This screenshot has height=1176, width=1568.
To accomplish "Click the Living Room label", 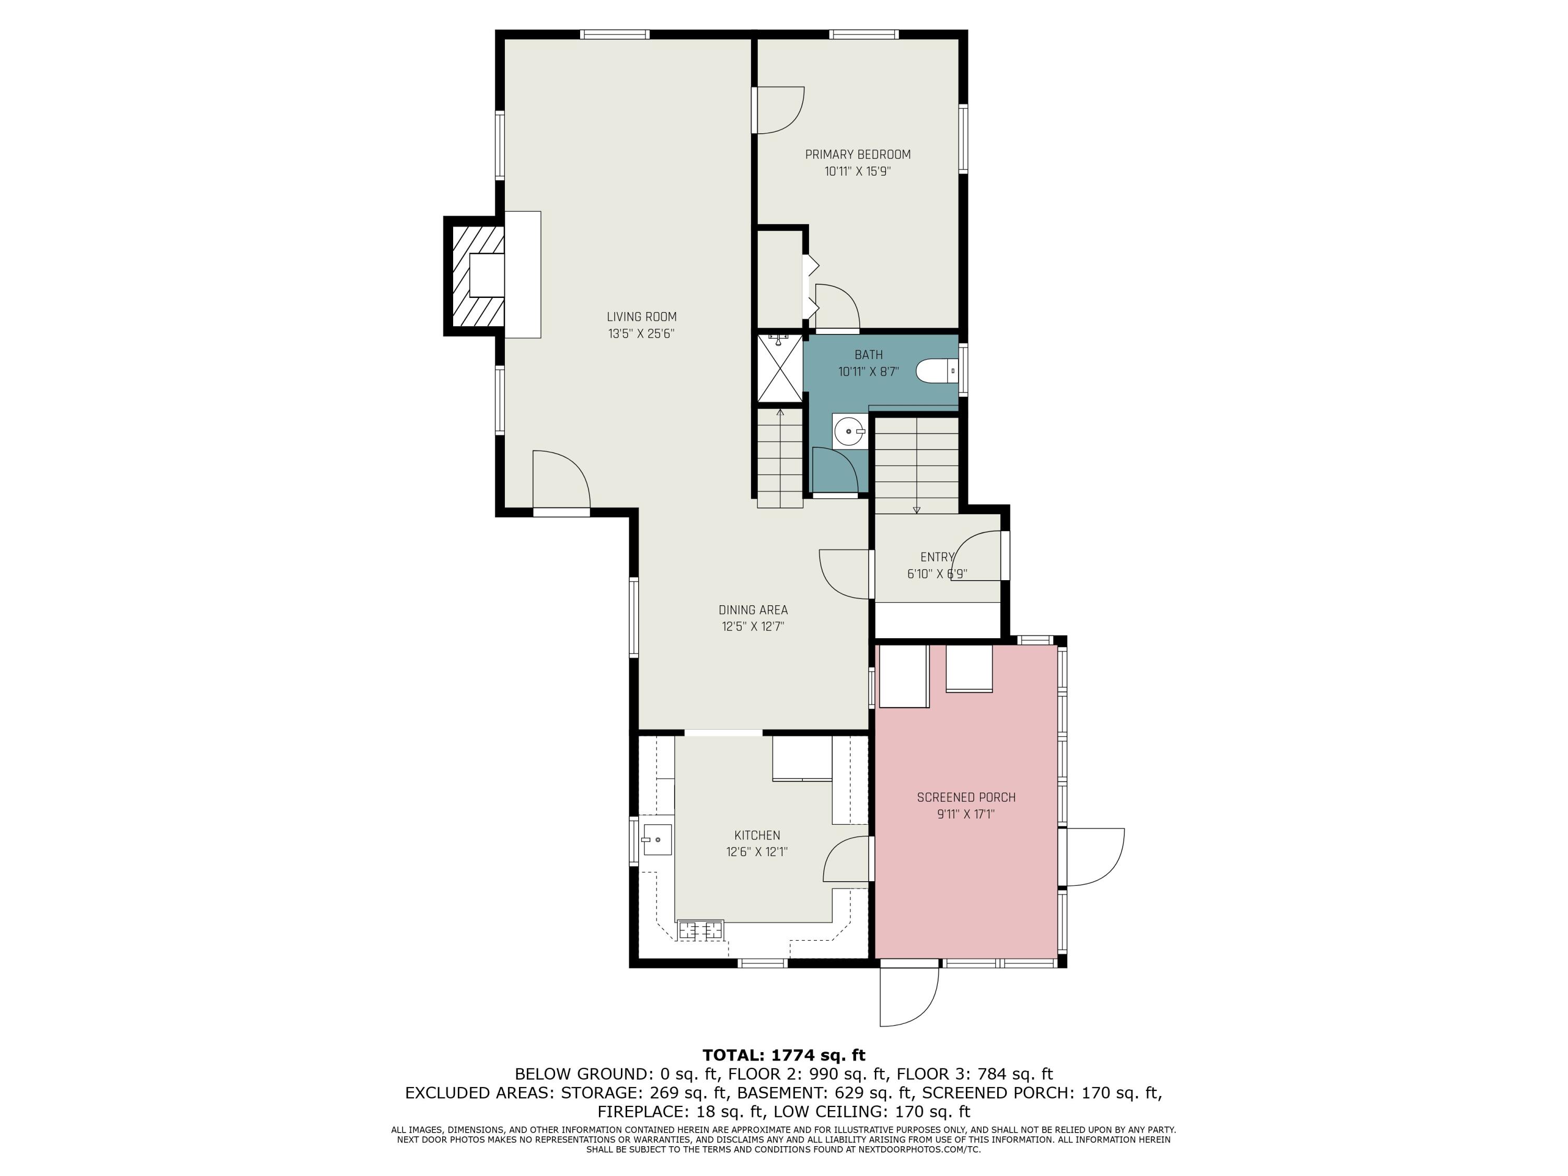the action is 641,317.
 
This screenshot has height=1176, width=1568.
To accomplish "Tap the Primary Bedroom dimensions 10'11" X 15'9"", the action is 858,171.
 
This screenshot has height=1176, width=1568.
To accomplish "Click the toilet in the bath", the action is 937,371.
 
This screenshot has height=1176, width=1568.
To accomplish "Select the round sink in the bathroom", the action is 849,431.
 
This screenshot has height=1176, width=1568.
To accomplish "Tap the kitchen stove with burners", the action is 701,929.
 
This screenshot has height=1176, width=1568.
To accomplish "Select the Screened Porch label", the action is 966,798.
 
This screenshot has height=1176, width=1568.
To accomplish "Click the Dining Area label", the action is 753,609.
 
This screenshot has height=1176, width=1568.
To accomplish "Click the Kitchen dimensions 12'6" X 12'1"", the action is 757,852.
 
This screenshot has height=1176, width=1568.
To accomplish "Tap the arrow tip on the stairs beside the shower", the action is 780,410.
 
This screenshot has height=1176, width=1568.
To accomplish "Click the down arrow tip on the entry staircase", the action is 917,511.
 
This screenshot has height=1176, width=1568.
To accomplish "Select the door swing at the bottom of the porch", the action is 909,997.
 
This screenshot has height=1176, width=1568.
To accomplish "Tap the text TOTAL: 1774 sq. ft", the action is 784,1055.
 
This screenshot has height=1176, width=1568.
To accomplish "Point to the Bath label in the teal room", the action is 868,355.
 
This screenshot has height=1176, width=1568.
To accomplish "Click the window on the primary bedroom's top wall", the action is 864,34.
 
